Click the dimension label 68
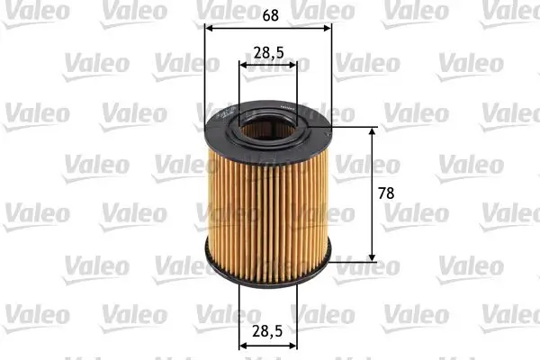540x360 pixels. (x=269, y=14)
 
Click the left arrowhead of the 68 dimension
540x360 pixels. (x=211, y=28)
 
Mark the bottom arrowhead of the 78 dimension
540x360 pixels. (x=373, y=256)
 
